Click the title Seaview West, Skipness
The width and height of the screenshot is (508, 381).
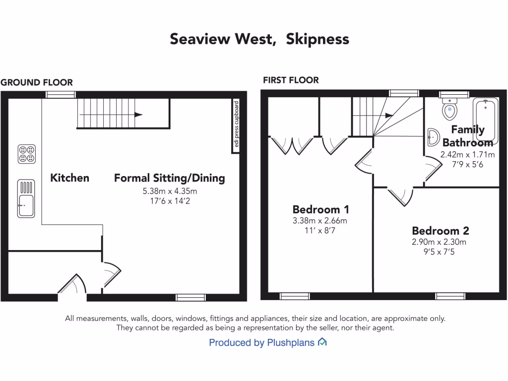(259, 39)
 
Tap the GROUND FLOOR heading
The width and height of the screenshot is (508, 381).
(37, 82)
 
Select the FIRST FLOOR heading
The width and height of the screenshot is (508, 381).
(291, 80)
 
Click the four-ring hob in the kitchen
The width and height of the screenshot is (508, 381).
(27, 153)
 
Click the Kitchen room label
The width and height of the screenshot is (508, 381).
(70, 178)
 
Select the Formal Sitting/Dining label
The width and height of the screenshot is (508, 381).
(170, 178)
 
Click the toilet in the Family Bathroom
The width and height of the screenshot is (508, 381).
(450, 108)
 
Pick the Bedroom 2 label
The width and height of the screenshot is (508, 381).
(441, 231)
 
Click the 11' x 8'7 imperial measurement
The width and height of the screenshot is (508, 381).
(319, 230)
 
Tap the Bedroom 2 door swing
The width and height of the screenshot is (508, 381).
(401, 196)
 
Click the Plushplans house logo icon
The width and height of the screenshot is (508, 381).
(322, 342)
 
